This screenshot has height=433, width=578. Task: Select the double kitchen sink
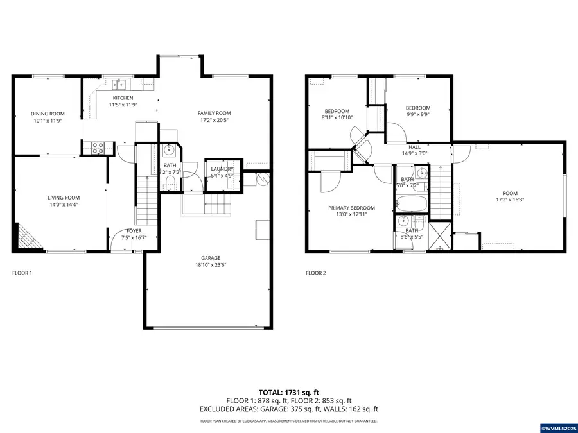[119, 83]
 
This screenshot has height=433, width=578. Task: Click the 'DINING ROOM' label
[48, 114]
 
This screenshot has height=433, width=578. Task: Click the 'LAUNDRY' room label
[222, 168]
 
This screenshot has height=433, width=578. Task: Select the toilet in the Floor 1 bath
[170, 184]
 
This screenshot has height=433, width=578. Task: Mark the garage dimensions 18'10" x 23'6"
[215, 264]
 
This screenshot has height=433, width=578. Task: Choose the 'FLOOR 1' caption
[22, 273]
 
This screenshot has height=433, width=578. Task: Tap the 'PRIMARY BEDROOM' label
[351, 208]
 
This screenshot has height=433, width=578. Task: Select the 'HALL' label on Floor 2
[414, 147]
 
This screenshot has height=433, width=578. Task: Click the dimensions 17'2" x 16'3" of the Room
[509, 200]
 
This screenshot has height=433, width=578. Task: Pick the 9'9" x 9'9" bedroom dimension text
[418, 115]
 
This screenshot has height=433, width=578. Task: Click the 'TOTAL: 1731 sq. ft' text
[288, 391]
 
